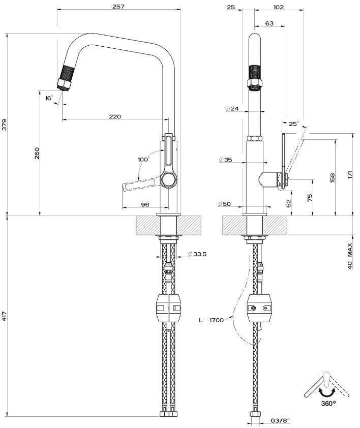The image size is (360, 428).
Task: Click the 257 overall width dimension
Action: [118, 6]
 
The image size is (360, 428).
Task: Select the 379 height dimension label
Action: [5, 125]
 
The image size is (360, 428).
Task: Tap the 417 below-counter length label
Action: [4, 316]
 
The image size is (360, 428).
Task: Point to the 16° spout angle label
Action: [49, 98]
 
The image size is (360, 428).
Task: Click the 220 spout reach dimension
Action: [115, 116]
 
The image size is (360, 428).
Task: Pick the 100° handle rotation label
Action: [144, 159]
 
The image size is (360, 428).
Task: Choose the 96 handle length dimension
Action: [145, 204]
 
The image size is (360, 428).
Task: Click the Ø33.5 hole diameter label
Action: [197, 254]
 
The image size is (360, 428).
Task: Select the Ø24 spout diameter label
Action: [232, 109]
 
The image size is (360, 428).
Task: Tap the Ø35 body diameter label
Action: [226, 160]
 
